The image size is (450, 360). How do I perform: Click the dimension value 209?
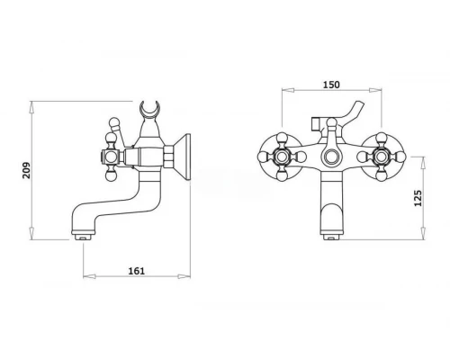[26, 170]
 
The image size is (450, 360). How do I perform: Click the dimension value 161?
[137, 271]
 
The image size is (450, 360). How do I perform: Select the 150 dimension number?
[331, 85]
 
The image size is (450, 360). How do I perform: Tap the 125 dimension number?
[418, 198]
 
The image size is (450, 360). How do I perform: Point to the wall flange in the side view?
[183, 157]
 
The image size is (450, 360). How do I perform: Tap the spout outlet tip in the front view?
[331, 237]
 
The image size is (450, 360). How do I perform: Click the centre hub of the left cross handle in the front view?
[282, 157]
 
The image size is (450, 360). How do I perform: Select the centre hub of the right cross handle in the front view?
[382, 157]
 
